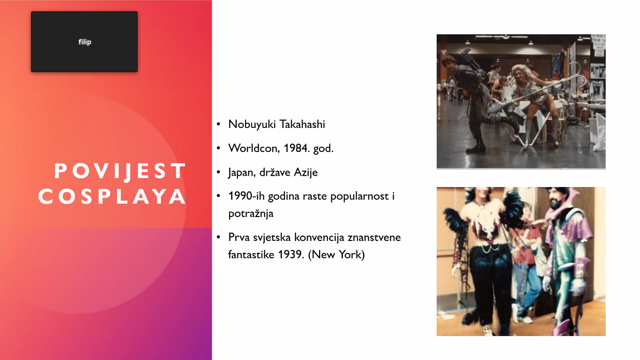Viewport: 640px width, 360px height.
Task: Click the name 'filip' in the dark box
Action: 85,42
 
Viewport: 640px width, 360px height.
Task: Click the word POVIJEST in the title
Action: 120,171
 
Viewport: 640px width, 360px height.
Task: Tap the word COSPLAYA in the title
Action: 112,197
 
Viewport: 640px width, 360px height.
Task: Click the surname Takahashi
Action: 302,124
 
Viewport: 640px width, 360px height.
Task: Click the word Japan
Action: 242,172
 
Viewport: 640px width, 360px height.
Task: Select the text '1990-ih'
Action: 246,196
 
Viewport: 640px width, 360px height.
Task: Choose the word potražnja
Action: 251,214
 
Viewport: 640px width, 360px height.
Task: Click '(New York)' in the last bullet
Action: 336,255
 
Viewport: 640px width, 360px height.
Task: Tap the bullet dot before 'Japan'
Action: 219,172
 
